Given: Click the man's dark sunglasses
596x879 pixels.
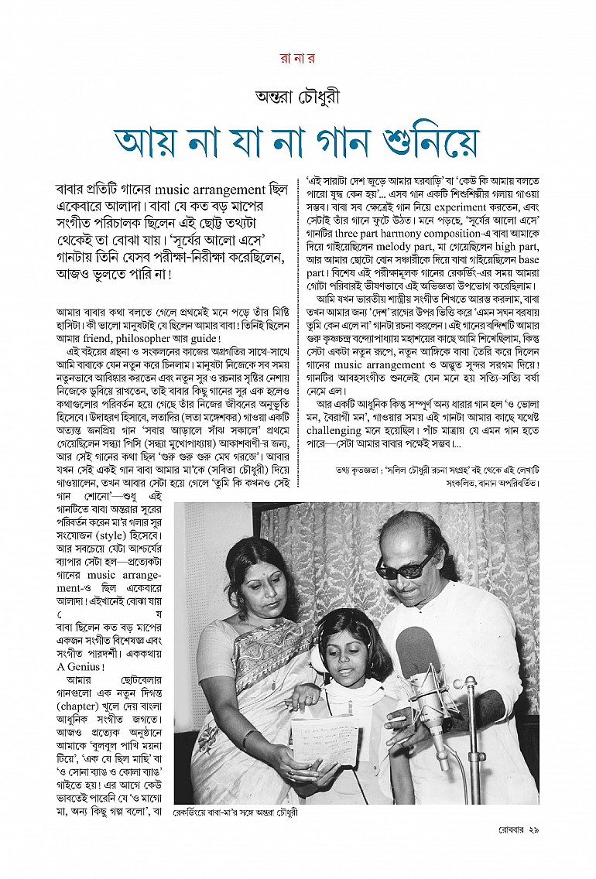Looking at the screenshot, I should click(x=407, y=567).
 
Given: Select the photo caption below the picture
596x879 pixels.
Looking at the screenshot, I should click(x=236, y=813).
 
